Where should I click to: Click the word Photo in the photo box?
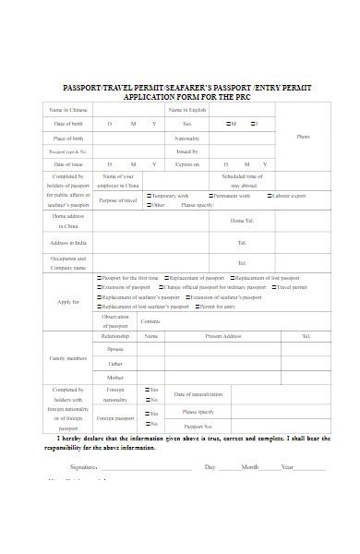tap(303, 137)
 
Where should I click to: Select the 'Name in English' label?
tap(186, 110)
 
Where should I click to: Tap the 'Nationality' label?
tap(186, 138)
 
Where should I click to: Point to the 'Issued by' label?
tap(186, 151)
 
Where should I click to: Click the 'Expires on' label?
tap(186, 163)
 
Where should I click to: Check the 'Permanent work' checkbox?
tap(210, 196)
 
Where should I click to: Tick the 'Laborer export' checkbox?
tap(270, 196)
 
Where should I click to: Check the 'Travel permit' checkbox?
tap(273, 287)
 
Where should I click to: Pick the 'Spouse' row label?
tap(115, 349)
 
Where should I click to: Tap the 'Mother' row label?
tap(115, 377)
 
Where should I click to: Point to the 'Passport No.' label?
tap(198, 427)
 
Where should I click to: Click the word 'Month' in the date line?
tap(250, 468)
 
